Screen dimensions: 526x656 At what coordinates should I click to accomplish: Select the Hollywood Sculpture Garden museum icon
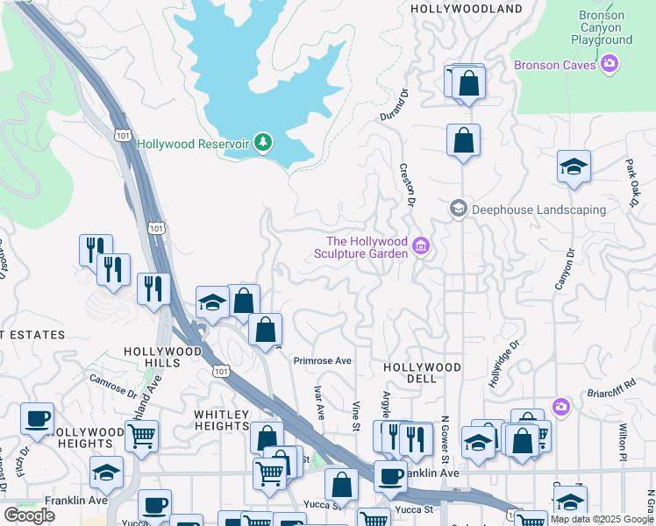[x=421, y=247]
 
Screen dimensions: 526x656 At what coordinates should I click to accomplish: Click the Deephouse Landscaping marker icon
[x=458, y=209]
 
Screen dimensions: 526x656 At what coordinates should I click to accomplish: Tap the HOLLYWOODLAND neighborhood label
[x=467, y=9]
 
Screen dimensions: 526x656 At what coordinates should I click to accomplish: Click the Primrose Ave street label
[x=322, y=360]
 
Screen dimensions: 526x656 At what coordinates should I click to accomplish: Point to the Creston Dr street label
[x=406, y=185]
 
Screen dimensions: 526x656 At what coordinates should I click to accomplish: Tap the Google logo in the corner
[x=29, y=515]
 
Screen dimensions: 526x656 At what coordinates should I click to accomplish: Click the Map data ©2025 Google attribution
[x=602, y=519]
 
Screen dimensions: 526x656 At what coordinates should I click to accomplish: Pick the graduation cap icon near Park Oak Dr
[x=574, y=167]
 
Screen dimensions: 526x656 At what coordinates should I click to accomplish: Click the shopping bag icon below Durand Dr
[x=463, y=140]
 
